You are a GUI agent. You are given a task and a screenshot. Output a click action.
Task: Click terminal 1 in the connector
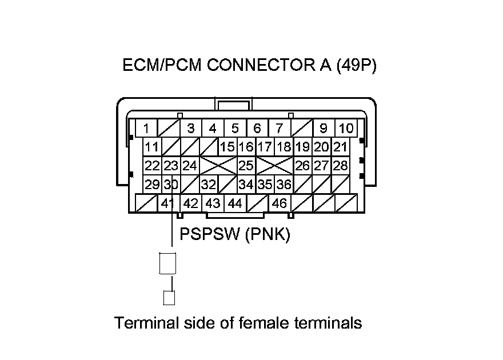(x=147, y=128)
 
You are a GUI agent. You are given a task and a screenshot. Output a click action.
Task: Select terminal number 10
(x=346, y=128)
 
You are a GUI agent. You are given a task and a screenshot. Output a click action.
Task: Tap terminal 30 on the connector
(x=171, y=185)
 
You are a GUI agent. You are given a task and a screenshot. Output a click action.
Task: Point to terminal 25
(x=246, y=166)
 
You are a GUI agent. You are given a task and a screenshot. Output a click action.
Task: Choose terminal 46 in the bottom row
(x=280, y=203)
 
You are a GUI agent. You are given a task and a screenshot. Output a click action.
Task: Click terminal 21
(x=341, y=147)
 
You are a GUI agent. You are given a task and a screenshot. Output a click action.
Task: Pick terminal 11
(x=151, y=147)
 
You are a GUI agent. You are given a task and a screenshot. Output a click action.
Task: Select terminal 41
(x=167, y=203)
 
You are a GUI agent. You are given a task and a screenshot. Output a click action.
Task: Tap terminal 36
(x=284, y=185)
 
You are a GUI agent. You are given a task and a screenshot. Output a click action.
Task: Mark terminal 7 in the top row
(x=279, y=128)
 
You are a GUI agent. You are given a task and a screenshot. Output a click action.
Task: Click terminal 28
(x=341, y=166)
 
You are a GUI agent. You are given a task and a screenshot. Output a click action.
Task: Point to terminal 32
(x=208, y=185)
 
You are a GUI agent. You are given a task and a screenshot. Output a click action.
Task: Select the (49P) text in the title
(x=356, y=66)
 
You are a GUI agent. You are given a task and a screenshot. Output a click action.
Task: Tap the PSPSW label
(x=209, y=234)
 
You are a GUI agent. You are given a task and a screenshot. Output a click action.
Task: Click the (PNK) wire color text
(x=268, y=234)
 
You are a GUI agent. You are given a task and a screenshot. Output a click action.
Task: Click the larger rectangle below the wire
(x=168, y=263)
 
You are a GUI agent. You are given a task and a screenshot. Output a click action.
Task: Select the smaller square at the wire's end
(x=169, y=298)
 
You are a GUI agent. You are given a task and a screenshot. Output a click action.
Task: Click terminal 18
(x=284, y=147)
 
